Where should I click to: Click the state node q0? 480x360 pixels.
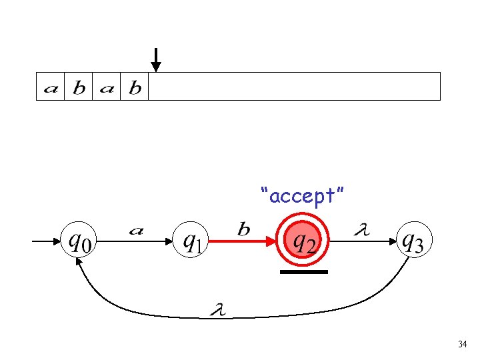coord(79,241)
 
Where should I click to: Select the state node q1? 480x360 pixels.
coord(191,241)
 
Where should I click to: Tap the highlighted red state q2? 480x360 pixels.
coord(303,241)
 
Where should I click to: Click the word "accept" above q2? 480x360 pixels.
coord(303,196)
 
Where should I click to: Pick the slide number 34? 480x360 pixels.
coord(462,344)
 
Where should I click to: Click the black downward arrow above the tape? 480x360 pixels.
coord(155,60)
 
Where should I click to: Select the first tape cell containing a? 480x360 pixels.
coord(50,87)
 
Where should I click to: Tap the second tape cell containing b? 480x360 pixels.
coord(78,87)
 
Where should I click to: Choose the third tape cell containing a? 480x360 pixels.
coord(106,87)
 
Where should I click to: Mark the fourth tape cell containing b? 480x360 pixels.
coord(134,87)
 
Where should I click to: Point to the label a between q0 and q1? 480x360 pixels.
coord(135,231)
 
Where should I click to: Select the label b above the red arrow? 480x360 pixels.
coord(244,229)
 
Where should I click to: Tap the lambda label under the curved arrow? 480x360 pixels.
coord(217,309)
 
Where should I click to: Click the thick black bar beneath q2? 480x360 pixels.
coord(303,272)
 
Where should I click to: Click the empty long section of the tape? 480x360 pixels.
coord(293,87)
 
